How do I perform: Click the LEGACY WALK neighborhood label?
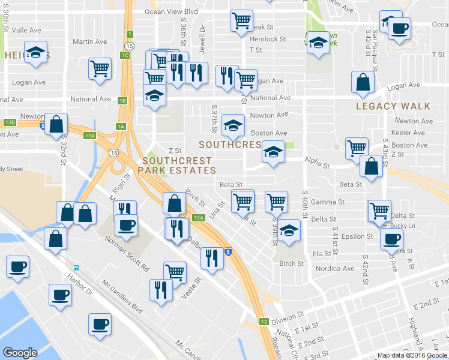coord(393,106)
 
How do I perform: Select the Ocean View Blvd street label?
coord(170,11)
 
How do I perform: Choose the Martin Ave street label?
coord(89,41)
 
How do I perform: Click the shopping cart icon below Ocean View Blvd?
coord(241,20)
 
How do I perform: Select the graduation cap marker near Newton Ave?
coord(233,125)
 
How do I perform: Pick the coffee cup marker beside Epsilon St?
coord(391,239)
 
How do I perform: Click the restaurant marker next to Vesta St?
coord(161,290)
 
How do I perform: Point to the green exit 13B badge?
coord(9,122)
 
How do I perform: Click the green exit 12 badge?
coord(264,322)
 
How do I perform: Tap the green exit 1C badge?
coord(124,55)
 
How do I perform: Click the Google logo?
coord(20,353)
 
